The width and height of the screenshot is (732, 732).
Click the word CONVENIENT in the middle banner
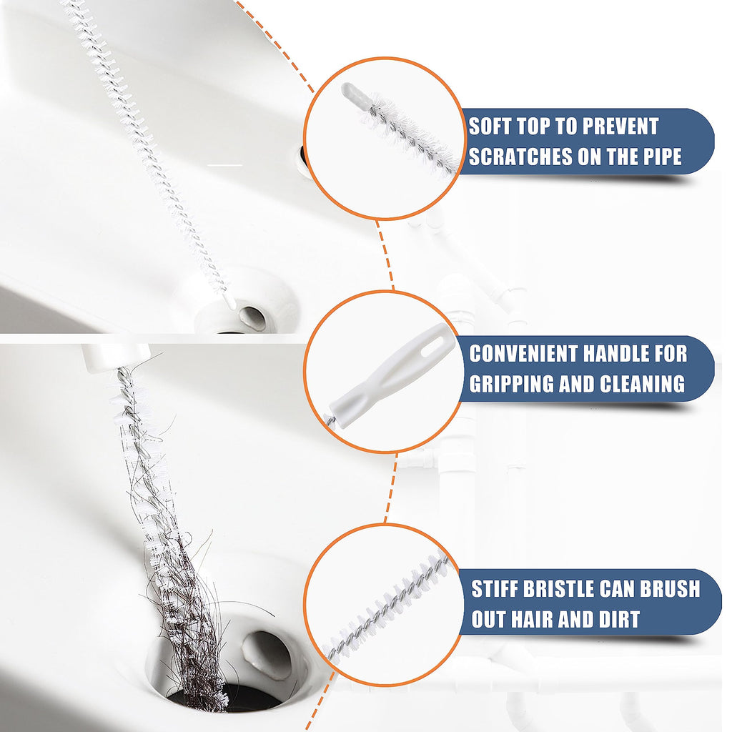click(x=523, y=353)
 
